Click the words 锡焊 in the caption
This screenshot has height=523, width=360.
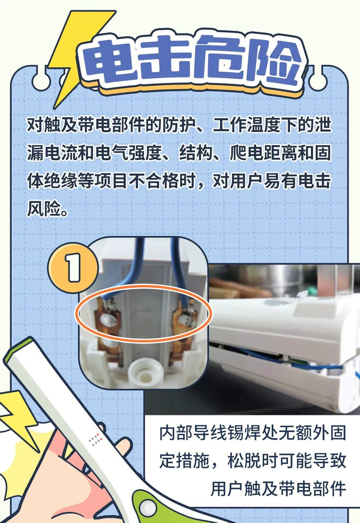(246, 433)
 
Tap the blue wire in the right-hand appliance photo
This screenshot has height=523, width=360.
(283, 359)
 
